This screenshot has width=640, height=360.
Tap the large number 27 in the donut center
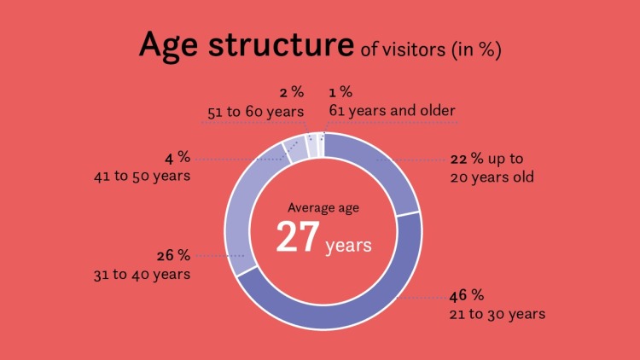click(x=298, y=237)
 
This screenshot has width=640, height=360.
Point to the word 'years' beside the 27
click(x=348, y=247)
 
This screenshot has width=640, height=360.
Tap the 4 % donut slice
click(x=296, y=150)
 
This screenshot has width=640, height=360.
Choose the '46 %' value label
click(x=467, y=295)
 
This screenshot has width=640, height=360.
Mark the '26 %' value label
click(x=173, y=256)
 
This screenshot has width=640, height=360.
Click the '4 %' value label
click(x=177, y=158)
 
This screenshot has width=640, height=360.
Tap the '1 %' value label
click(x=340, y=92)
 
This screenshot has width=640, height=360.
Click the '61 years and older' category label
click(x=392, y=111)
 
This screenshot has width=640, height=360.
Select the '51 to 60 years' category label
click(x=255, y=112)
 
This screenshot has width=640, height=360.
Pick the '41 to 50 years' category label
click(x=142, y=177)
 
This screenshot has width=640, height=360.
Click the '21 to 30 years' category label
click(x=497, y=314)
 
